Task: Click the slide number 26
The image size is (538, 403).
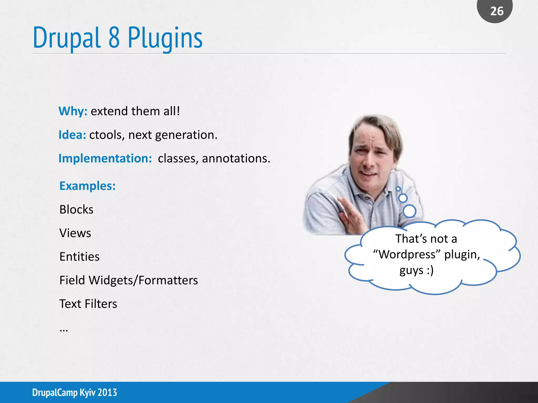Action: pos(497,11)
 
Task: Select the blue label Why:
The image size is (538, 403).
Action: pos(73,111)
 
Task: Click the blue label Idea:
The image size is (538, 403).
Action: pos(72,135)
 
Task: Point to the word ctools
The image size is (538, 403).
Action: pos(106,135)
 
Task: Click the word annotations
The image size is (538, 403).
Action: pos(236,158)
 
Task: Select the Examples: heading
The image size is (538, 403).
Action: pos(87,186)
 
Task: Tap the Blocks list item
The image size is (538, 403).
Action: pos(76,209)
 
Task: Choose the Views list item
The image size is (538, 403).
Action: pos(75,233)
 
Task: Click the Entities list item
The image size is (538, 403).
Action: pos(79,257)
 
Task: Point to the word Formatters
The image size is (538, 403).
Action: pos(168,280)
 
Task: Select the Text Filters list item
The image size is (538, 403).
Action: pos(88,304)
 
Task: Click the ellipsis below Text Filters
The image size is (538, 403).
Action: pos(64,330)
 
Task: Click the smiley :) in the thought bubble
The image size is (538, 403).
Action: pos(430,270)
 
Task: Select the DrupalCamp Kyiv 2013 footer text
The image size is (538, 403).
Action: pos(75,393)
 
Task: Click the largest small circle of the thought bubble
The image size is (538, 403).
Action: pos(409,211)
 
